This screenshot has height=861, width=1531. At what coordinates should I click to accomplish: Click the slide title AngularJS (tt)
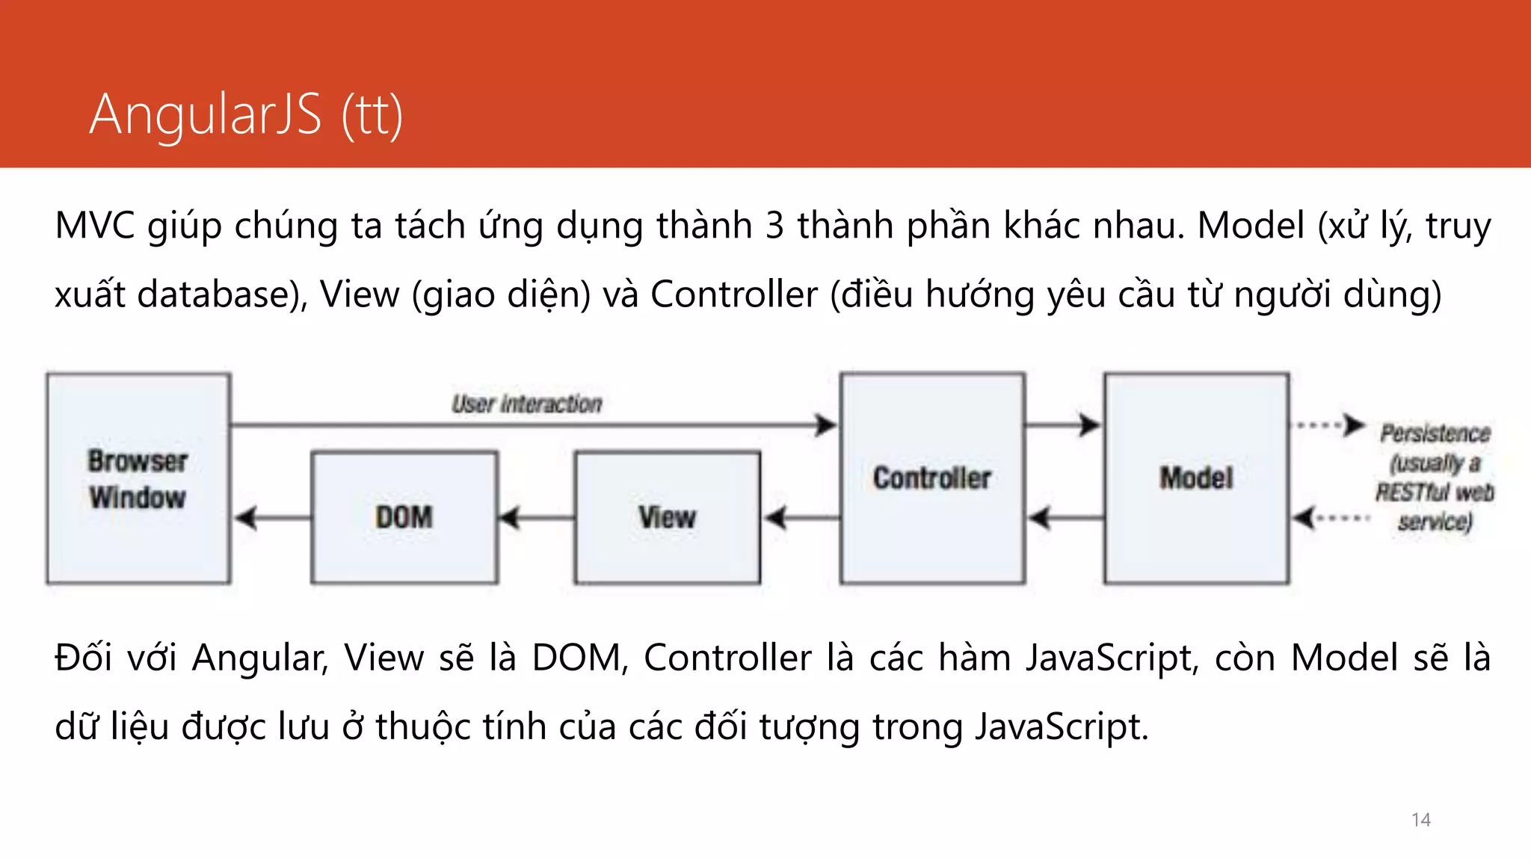click(x=246, y=115)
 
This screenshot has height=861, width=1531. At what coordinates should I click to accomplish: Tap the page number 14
click(x=1420, y=820)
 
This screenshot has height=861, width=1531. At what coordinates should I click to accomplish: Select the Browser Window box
click(x=138, y=478)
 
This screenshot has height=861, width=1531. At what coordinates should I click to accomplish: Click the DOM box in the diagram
click(x=404, y=517)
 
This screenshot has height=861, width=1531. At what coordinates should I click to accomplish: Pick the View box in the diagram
click(x=668, y=517)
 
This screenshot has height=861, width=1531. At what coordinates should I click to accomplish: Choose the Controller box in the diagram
click(x=932, y=478)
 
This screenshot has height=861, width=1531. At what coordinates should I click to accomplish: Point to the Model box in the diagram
click(x=1196, y=478)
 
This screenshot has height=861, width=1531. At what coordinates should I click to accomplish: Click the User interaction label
click(x=526, y=404)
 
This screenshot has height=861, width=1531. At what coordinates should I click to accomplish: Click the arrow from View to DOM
click(x=535, y=517)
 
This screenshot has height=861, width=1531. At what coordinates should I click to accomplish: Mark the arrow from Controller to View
click(x=800, y=517)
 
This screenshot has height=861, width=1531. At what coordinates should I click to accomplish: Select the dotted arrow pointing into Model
click(x=1331, y=517)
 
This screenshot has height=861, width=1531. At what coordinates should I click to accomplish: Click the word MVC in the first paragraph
click(x=94, y=226)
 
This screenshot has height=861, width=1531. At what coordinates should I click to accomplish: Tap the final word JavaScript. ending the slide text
click(x=1062, y=727)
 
